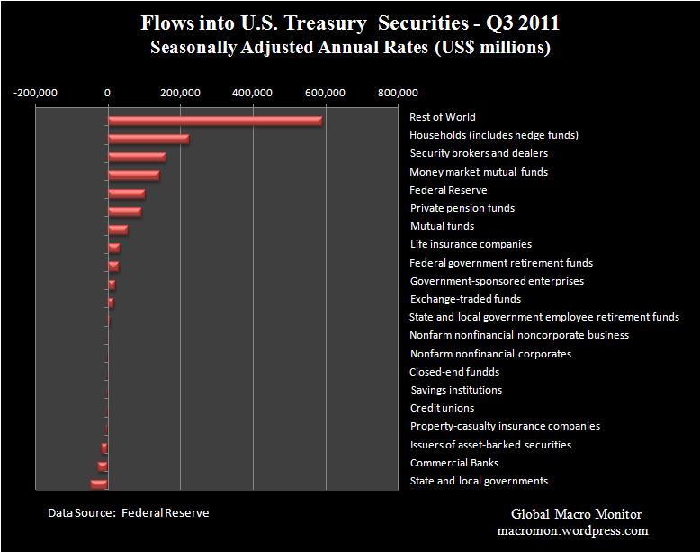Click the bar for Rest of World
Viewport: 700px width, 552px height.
214,121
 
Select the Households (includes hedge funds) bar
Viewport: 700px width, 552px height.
148,139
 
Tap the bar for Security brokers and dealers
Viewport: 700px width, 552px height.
137,157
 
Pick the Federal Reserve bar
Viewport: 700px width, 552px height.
126,194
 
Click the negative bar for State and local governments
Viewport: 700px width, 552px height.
99,484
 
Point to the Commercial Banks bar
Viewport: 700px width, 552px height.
103,466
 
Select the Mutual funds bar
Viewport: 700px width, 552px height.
118,230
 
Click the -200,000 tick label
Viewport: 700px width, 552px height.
36,92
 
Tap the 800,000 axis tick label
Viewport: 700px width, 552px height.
397,92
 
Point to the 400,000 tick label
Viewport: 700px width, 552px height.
253,92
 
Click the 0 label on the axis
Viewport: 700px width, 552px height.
108,92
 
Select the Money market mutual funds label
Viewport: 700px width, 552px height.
478,172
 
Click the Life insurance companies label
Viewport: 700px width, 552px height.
470,244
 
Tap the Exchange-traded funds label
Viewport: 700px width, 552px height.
464,299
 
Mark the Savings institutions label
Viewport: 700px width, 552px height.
455,390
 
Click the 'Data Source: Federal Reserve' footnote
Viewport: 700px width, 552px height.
128,513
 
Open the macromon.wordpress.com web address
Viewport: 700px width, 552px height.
577,531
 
